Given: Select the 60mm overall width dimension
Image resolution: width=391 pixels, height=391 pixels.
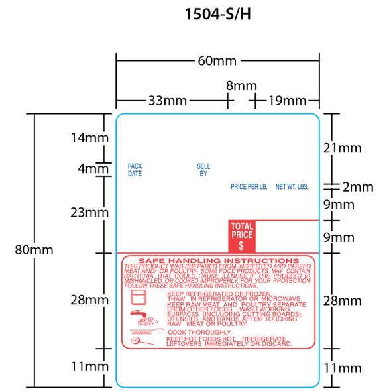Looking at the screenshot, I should point(217,62).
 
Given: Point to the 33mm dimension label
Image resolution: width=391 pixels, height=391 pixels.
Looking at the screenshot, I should point(166,101).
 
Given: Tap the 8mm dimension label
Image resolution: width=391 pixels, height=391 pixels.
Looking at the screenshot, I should point(241,85).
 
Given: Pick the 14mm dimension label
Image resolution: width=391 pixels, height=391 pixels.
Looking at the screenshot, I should point(88,138).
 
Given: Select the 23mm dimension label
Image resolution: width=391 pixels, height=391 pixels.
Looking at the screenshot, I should point(88,212).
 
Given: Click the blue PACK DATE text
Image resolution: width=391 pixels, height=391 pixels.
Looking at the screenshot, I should point(135,170).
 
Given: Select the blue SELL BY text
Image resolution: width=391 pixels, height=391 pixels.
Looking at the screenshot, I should point(203,170).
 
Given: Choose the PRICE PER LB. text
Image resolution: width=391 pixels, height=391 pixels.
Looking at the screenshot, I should point(249,188).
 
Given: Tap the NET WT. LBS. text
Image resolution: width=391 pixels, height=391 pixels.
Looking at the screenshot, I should point(292,188).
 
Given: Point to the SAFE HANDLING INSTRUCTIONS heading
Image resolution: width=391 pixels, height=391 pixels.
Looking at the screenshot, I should point(217,260).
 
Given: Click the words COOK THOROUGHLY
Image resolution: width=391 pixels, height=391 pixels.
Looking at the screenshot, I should point(199,332).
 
